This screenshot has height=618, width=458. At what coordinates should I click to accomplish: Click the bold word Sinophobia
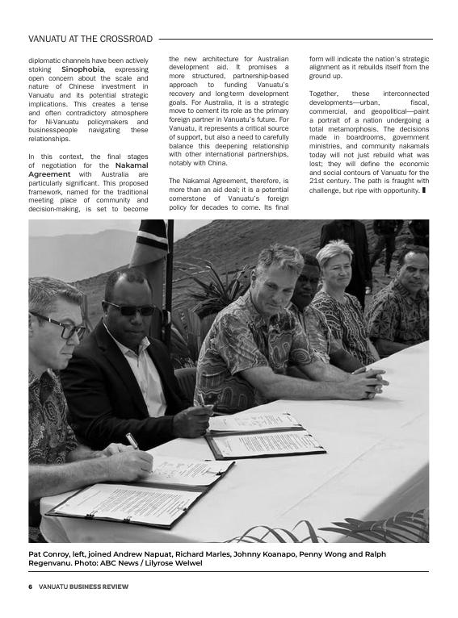(82, 69)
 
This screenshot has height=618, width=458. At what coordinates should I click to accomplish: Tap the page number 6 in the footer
(30, 587)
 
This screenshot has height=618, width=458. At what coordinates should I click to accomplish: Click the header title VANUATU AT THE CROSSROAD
(90, 39)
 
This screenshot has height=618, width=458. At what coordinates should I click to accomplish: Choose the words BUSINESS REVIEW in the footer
(98, 587)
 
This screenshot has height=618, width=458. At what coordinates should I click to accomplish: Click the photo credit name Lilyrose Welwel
(174, 563)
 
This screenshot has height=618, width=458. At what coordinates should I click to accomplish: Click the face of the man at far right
(412, 270)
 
